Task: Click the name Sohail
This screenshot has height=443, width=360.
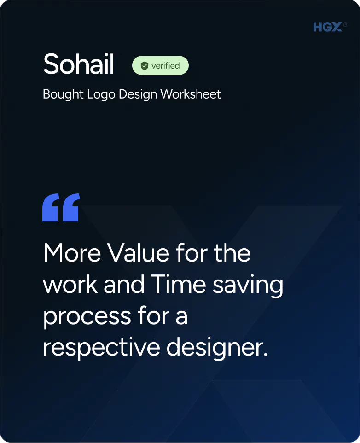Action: [79, 64]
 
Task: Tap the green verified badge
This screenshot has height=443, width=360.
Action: [160, 65]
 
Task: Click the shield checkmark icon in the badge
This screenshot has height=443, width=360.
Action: [145, 66]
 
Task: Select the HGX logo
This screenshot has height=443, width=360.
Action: [327, 28]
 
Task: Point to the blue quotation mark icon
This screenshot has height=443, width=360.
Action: [61, 208]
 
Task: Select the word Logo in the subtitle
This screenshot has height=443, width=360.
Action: [101, 94]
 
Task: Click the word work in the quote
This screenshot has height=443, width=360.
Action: [70, 285]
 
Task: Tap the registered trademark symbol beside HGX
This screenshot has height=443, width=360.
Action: [345, 24]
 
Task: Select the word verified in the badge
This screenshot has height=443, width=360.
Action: [165, 66]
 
